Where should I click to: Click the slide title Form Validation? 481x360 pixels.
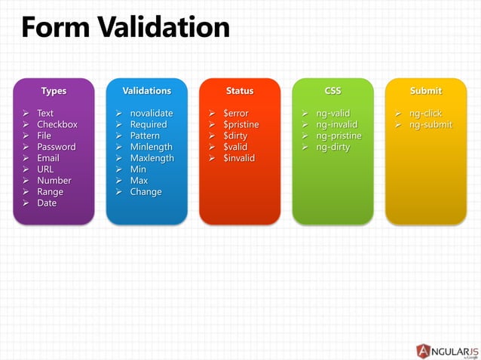click(125, 28)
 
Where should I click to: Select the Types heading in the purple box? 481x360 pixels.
click(54, 90)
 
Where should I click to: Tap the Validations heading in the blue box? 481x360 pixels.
click(146, 90)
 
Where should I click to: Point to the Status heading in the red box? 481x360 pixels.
click(240, 90)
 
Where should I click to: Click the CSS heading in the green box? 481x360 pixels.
click(332, 90)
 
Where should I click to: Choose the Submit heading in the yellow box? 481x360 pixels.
click(426, 90)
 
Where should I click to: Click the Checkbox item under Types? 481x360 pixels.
click(57, 124)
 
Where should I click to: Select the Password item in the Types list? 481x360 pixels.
click(57, 147)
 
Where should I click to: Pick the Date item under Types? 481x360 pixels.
click(47, 203)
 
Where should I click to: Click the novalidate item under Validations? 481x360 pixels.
click(152, 113)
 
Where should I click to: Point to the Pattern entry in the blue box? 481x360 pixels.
click(145, 136)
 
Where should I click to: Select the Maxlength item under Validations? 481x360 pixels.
click(152, 158)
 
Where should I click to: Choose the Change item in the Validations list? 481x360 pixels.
click(146, 192)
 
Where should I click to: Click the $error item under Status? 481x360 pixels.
click(236, 113)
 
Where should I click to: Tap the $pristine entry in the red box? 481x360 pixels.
click(241, 124)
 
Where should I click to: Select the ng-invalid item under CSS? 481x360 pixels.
click(337, 124)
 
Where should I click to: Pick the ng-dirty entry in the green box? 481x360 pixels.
click(333, 147)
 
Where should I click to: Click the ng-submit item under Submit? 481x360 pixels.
click(430, 124)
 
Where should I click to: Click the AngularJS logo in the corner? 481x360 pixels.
click(447, 350)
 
